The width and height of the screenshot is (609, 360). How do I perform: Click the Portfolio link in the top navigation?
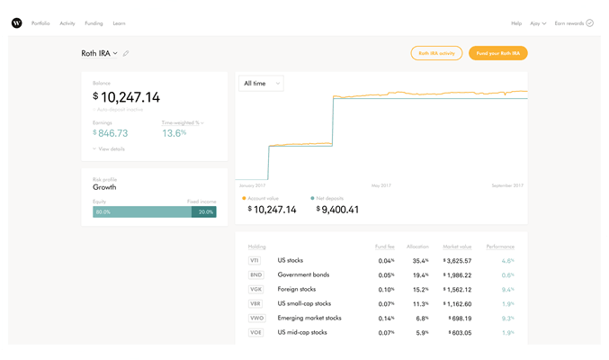40,23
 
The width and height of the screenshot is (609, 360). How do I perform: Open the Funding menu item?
94,23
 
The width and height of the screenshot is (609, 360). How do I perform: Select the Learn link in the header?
120,23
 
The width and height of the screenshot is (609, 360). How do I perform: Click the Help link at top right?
516,23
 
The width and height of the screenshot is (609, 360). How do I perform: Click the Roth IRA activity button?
436,53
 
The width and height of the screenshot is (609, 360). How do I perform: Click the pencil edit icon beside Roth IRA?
126,54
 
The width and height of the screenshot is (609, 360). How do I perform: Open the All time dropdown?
261,84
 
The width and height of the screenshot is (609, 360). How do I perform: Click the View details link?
111,148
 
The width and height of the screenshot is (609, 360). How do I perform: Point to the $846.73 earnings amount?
111,133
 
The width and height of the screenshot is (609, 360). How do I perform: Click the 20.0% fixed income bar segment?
204,212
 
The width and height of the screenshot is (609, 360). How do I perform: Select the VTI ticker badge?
255,261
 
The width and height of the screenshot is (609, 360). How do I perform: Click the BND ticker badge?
255,275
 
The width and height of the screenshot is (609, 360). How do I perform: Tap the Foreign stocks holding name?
296,290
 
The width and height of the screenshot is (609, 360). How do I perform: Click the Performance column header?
500,247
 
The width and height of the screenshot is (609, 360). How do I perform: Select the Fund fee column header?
385,247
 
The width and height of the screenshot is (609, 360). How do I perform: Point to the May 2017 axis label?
381,185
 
